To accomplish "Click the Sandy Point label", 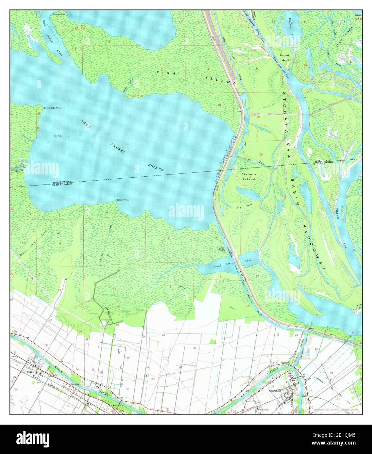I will point(59,15).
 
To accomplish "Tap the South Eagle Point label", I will point(53,108).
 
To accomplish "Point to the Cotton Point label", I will point(123,200).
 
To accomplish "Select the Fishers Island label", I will point(249,177).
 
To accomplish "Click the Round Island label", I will point(284,58).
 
